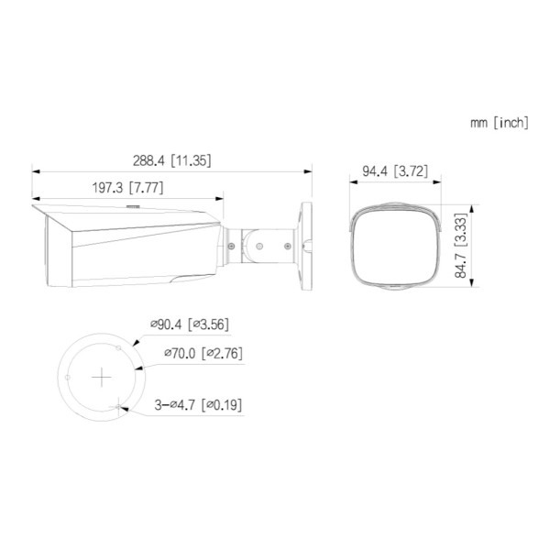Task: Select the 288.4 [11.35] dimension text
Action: tap(171, 159)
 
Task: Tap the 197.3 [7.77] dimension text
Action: tap(128, 187)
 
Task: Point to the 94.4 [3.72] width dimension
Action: tap(395, 170)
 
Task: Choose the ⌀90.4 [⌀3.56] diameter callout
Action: tap(188, 324)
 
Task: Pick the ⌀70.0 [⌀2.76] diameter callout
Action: tap(203, 352)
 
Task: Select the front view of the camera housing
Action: tap(396, 247)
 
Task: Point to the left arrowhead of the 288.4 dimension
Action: tap(36, 170)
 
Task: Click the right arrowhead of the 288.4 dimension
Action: tap(306, 170)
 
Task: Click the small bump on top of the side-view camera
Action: tap(130, 208)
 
